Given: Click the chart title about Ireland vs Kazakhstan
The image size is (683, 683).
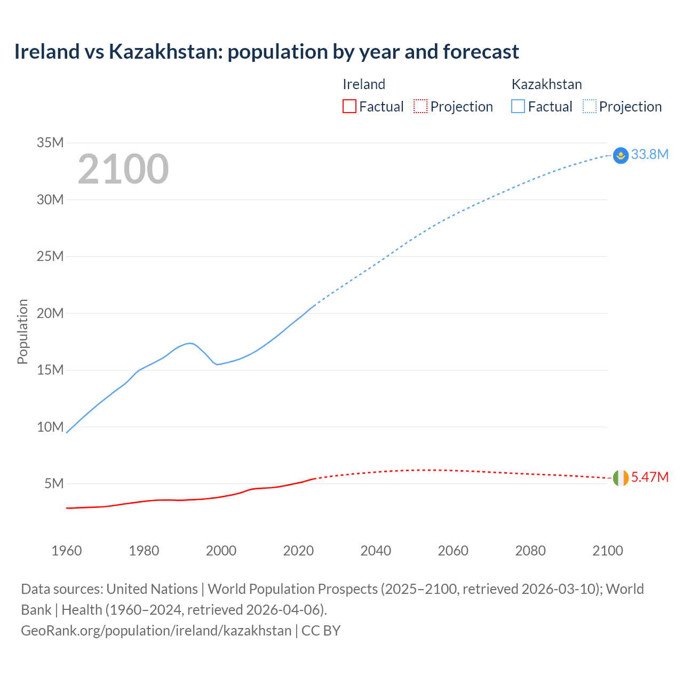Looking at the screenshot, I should point(266,52).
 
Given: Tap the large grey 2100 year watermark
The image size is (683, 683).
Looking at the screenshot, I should point(123,169).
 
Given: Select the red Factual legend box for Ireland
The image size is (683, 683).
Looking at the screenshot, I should point(350,106).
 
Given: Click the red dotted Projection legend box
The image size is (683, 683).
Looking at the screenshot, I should point(420,106).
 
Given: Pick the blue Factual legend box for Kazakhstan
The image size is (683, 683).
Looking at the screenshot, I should point(518,106).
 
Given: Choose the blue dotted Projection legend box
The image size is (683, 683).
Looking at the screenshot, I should point(589,106).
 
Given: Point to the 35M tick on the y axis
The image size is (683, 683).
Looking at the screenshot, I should point(50,142).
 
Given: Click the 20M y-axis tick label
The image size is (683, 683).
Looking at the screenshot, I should point(50,313).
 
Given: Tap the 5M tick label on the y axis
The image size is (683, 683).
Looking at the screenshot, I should point(54,483).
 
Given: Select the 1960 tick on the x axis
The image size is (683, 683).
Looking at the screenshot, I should point(67,551).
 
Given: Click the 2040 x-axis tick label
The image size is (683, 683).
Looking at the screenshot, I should point(376,551).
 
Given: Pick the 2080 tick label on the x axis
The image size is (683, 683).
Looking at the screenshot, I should point(530,551).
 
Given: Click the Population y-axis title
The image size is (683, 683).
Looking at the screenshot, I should point(22,331).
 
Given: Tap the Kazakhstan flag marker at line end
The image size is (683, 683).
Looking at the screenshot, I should point(621,155).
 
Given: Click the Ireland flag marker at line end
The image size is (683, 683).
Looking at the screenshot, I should point(621,478).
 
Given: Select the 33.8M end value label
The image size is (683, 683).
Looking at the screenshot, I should point(649,154).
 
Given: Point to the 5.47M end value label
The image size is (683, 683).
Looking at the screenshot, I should point(649,477).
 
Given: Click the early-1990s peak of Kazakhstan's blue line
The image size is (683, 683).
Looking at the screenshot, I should point(189,343).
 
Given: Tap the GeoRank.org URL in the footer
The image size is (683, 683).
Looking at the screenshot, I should point(156,631).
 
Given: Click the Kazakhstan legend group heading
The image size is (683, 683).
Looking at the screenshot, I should point(546,84).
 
